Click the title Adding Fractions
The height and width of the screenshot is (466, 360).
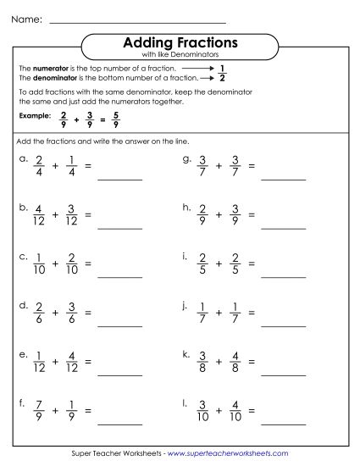pyautogui.click(x=180, y=42)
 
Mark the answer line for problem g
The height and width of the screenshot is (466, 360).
pyautogui.click(x=283, y=179)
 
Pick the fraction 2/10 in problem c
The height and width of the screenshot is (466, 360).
pyautogui.click(x=72, y=263)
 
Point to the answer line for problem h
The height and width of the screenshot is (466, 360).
pyautogui.click(x=283, y=227)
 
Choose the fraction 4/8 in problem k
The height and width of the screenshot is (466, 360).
pyautogui.click(x=235, y=360)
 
